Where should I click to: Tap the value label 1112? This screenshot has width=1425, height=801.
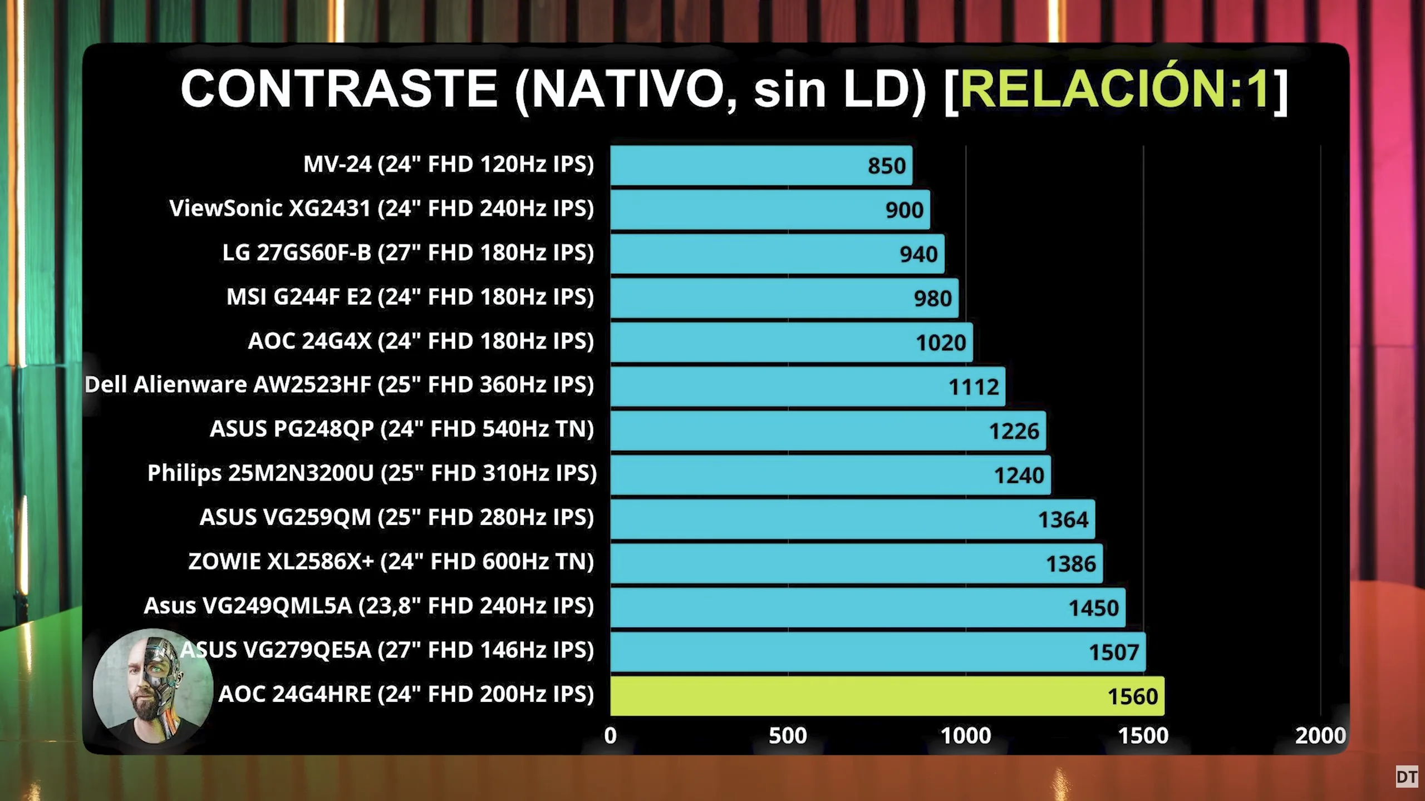coord(974,387)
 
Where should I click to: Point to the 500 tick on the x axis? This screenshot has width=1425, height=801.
coord(788,736)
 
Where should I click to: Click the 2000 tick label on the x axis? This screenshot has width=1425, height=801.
coord(1320,736)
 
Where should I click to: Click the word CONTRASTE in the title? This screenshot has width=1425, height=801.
coord(338,89)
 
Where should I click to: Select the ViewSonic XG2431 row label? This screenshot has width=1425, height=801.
coord(381,209)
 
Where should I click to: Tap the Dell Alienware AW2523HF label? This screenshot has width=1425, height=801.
coord(339,385)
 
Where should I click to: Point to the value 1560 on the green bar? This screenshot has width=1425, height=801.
coord(1132,696)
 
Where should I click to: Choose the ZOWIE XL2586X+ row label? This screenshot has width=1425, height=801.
coord(391,562)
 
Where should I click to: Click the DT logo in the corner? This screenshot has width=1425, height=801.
coord(1407,777)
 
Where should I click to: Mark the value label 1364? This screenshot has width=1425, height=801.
coord(1063,520)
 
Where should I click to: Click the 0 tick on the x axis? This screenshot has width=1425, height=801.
coord(611,736)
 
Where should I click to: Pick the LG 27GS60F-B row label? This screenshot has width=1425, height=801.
coord(408,253)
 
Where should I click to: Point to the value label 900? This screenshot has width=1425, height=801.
coord(904,210)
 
